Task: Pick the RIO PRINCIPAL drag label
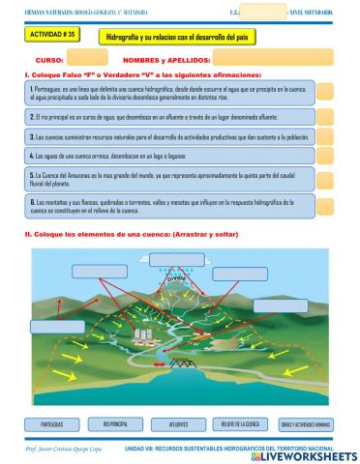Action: (115, 423)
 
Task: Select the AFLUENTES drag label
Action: (178, 423)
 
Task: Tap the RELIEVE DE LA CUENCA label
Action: (240, 423)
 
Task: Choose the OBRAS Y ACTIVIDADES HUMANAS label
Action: (306, 424)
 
